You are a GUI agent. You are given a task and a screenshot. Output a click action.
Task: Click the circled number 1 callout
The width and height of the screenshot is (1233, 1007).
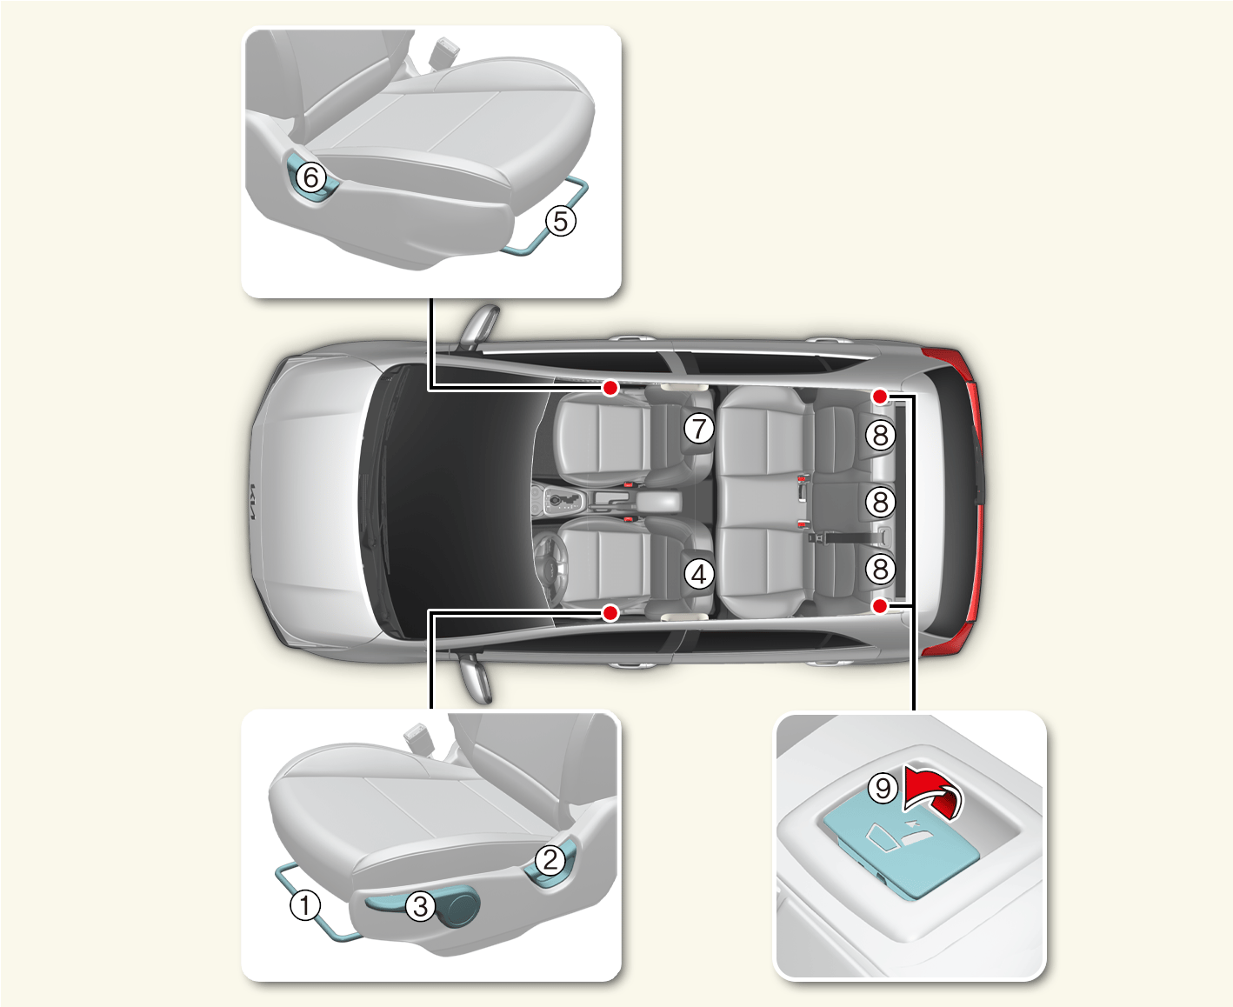coord(305,904)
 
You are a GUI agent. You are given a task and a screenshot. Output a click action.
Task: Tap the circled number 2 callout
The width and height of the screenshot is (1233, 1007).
coord(550,860)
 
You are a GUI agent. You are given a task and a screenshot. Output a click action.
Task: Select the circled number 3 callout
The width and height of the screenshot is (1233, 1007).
coord(420,906)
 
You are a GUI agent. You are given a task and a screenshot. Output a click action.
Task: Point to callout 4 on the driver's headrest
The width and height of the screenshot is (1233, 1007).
coord(699,574)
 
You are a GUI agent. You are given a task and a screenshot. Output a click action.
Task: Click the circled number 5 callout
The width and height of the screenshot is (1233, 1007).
coord(561,221)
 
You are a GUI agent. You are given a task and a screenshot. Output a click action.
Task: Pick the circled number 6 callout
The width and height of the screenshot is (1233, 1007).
coord(311,177)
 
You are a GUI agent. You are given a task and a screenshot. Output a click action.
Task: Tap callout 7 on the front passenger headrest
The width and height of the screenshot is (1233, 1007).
coord(699,428)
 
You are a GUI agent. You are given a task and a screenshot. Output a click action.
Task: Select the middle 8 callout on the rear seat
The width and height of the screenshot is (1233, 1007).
coord(881,502)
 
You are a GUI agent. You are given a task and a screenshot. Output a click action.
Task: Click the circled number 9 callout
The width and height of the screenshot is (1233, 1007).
coord(883,787)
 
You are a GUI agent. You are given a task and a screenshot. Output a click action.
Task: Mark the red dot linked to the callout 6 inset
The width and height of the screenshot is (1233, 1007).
coord(610,388)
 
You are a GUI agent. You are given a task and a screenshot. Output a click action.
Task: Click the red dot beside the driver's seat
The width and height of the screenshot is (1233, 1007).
coord(610,613)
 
